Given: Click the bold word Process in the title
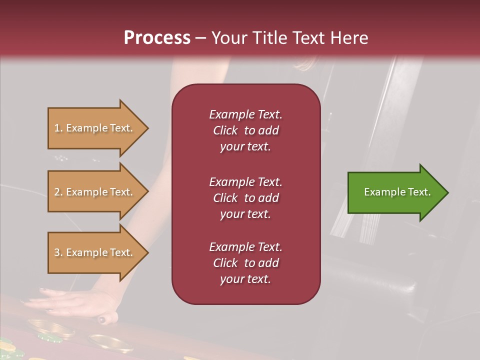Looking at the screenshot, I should tap(157, 38).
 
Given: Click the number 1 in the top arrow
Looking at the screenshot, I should tap(57, 128).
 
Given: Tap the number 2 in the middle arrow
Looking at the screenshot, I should tap(57, 192).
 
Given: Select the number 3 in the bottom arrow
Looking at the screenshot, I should tap(57, 252).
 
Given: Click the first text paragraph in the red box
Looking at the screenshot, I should tap(245, 130).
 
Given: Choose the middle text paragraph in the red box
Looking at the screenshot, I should tap(245, 198).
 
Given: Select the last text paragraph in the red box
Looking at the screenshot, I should tap(245, 263).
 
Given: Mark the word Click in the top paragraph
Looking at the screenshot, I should tap(225, 130).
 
